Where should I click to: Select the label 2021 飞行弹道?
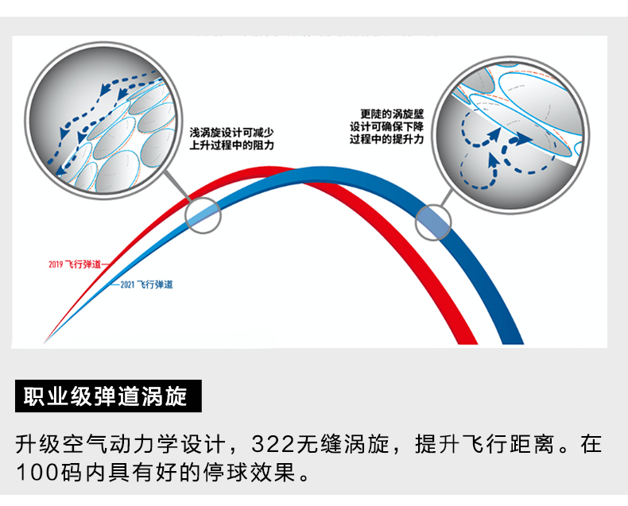[146, 284]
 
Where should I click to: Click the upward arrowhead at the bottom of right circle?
[493, 157]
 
